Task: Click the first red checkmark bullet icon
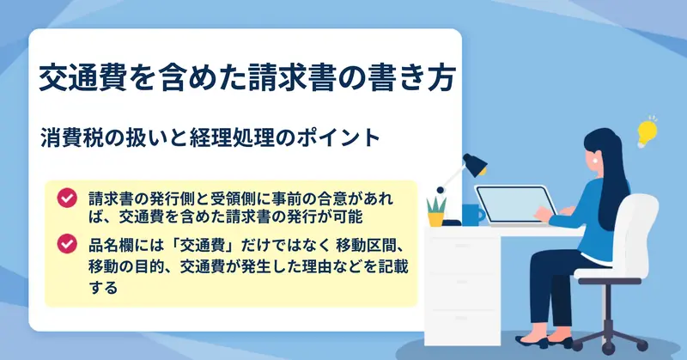pyautogui.click(x=67, y=198)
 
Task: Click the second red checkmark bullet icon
pyautogui.click(x=67, y=244)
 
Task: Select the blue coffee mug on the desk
pyautogui.click(x=473, y=215)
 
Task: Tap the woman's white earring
pyautogui.click(x=595, y=161)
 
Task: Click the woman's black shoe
pyautogui.click(x=532, y=342)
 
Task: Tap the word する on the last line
pyautogui.click(x=103, y=288)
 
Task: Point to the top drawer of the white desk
pyautogui.click(x=462, y=246)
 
